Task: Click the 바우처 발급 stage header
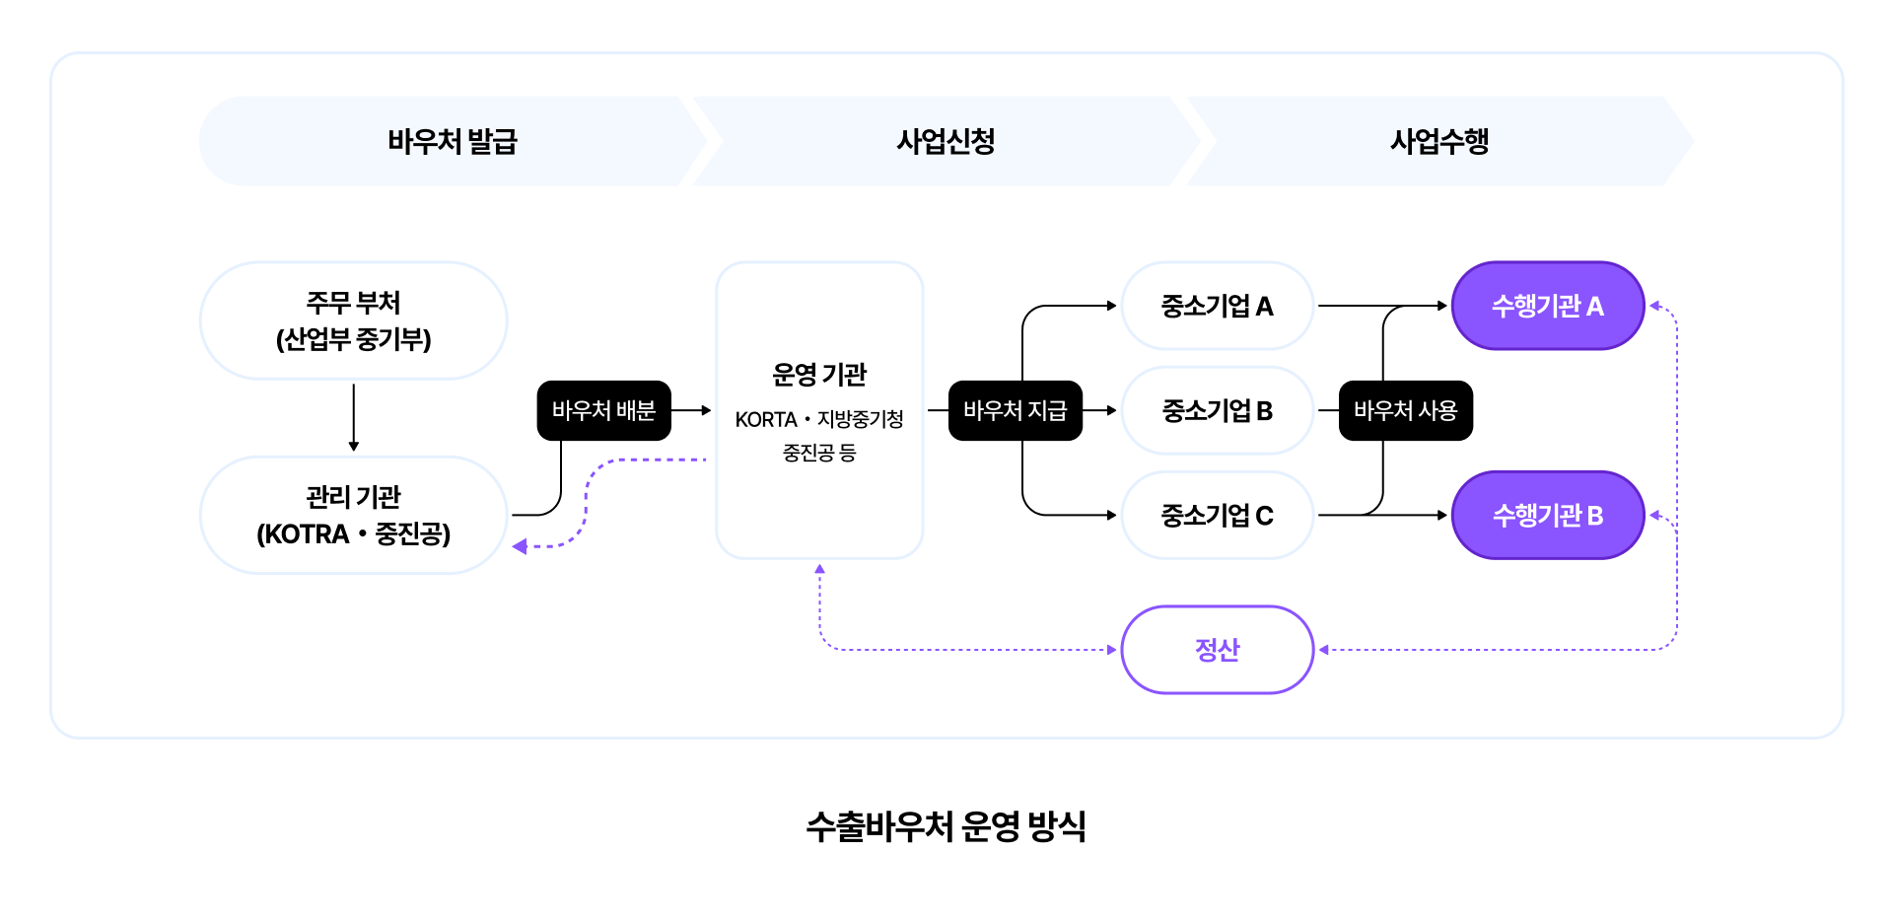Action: tap(452, 141)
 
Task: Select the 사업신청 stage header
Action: tap(946, 141)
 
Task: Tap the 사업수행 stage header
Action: tap(1438, 141)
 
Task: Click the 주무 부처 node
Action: tap(353, 320)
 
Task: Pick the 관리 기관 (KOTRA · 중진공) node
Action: tap(353, 515)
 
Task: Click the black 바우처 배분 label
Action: tap(603, 410)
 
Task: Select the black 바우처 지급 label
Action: tap(1015, 410)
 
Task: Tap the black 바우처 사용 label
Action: tap(1405, 410)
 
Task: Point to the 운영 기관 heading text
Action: tap(819, 375)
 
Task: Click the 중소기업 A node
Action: tap(1217, 306)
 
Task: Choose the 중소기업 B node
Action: tap(1217, 410)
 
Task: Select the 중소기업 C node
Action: tap(1217, 515)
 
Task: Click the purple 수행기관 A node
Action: tap(1547, 306)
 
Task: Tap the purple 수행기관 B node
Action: tap(1547, 515)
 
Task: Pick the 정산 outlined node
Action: tap(1217, 650)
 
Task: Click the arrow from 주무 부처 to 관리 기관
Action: tap(354, 417)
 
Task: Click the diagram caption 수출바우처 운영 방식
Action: tap(946, 826)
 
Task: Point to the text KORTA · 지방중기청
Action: tap(819, 419)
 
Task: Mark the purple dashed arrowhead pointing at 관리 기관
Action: tap(520, 546)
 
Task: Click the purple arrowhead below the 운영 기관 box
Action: tap(819, 569)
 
